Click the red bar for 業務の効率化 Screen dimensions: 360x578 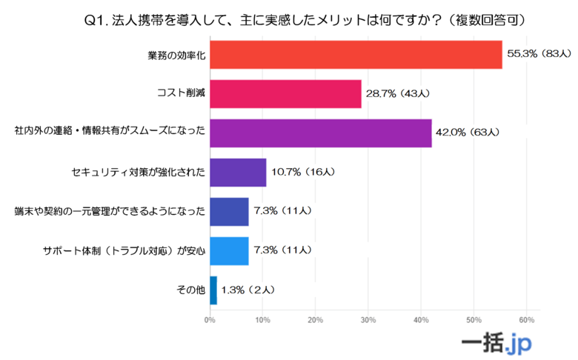[356, 54]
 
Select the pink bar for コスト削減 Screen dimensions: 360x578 [285, 93]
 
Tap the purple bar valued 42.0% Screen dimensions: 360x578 [320, 133]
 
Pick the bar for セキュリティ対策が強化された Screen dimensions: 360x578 [238, 172]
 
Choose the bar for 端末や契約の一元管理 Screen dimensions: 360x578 [229, 211]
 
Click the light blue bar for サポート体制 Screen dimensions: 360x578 [229, 250]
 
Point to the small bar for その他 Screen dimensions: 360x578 [213, 290]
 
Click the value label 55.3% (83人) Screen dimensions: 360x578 [539, 54]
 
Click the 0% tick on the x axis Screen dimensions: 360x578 [210, 320]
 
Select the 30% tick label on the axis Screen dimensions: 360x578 [368, 320]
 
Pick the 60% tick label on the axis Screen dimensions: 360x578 [526, 320]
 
